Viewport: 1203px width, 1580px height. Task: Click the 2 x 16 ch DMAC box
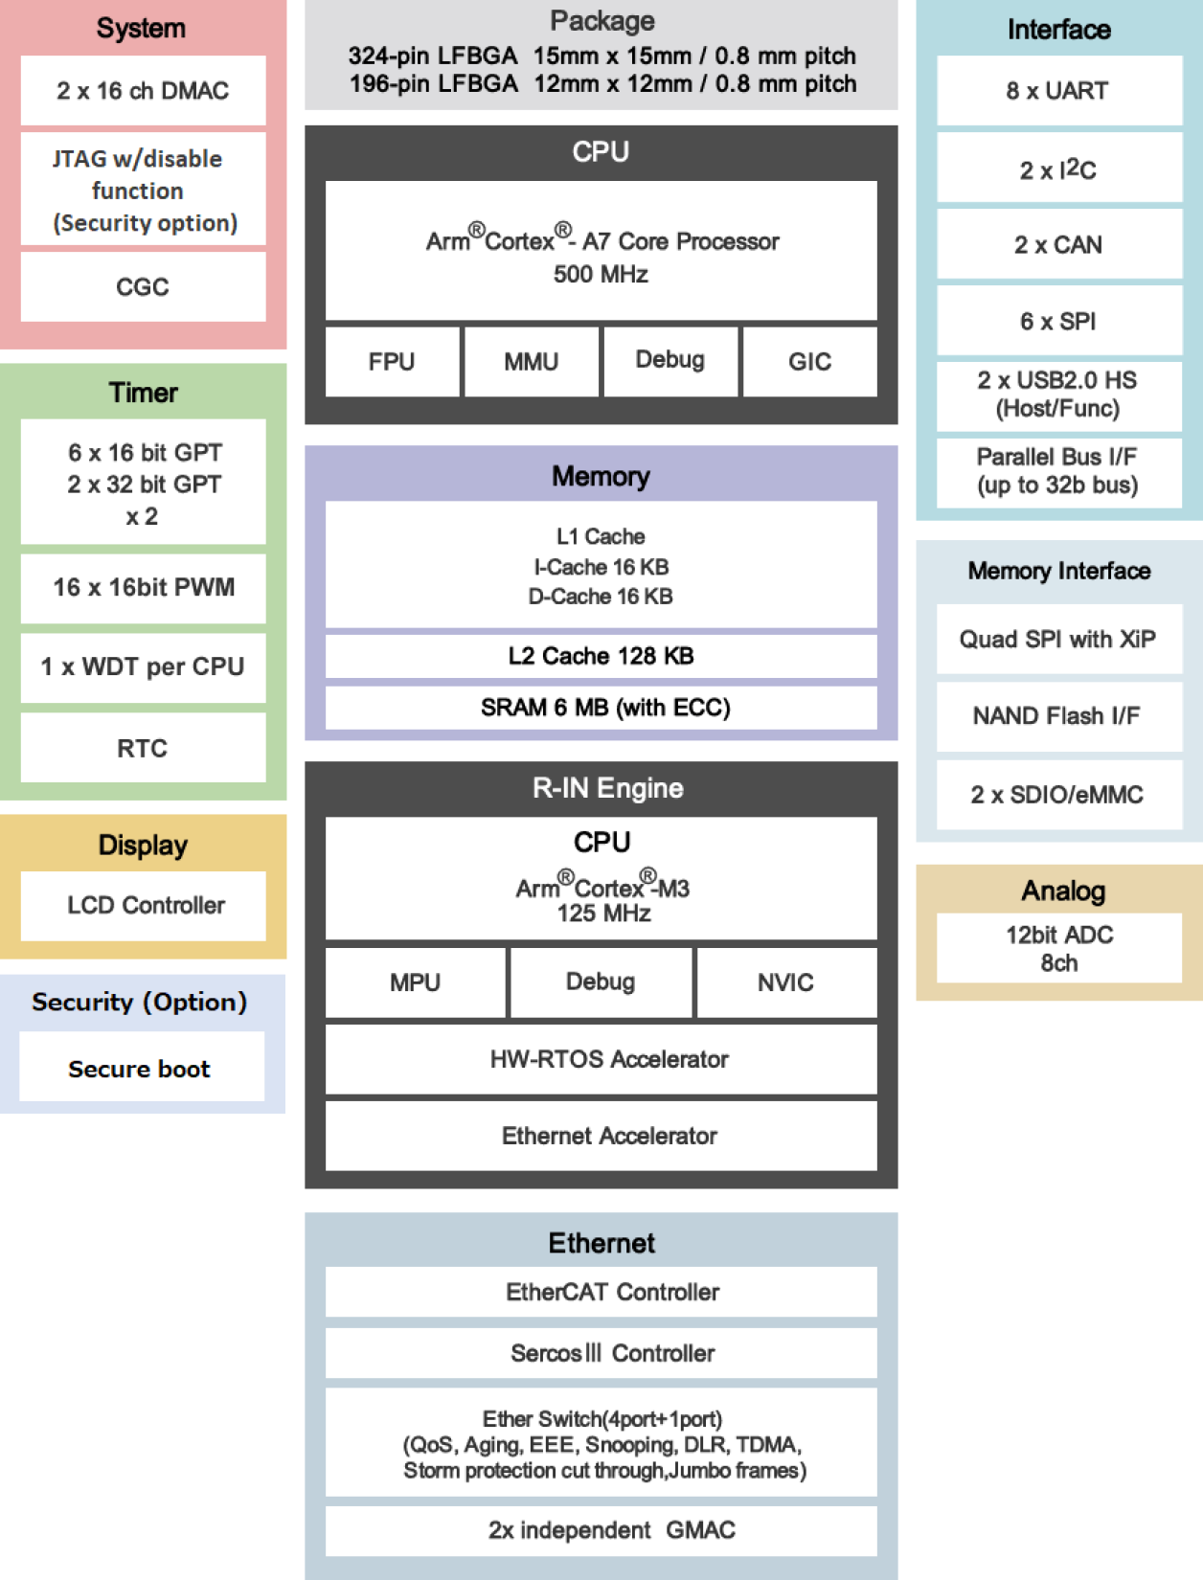click(x=143, y=91)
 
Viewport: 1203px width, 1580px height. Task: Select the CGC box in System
click(x=143, y=287)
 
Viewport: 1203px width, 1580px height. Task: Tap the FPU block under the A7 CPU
click(x=392, y=362)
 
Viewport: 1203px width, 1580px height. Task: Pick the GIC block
click(x=809, y=362)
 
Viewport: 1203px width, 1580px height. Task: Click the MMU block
click(x=532, y=362)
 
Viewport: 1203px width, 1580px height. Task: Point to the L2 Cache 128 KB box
click(x=601, y=656)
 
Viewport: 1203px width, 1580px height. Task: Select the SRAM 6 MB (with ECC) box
click(x=601, y=708)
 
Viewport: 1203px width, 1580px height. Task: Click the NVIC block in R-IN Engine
click(x=785, y=982)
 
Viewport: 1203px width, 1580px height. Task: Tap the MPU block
click(x=415, y=982)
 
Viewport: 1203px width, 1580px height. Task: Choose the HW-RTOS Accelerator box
click(x=601, y=1059)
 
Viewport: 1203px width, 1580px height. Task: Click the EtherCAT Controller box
click(x=601, y=1292)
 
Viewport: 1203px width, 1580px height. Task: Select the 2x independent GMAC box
click(x=601, y=1530)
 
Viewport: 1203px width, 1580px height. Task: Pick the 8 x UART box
click(x=1058, y=91)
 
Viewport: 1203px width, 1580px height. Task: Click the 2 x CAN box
click(x=1058, y=245)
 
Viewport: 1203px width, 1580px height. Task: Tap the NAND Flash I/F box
click(x=1058, y=716)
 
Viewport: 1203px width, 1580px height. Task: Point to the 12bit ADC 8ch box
click(x=1058, y=948)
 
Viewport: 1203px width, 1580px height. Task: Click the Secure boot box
click(x=141, y=1069)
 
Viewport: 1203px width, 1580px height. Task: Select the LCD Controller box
click(x=143, y=906)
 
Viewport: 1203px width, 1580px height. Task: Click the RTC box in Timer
click(x=143, y=749)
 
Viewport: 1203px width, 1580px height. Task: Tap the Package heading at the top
click(x=601, y=21)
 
